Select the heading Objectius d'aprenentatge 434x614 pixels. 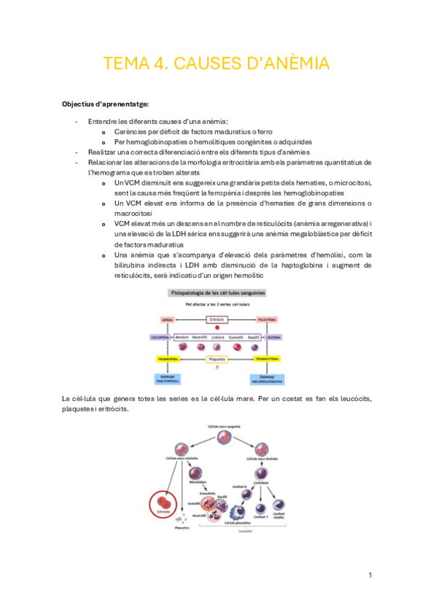(105, 105)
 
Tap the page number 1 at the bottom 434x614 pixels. (370, 575)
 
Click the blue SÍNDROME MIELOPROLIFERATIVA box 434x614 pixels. (267, 379)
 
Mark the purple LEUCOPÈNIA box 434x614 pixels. (159, 337)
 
